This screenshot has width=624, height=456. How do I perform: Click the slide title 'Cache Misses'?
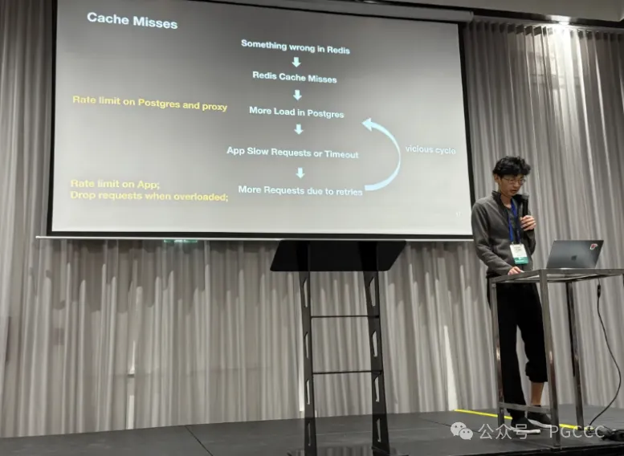[x=133, y=19]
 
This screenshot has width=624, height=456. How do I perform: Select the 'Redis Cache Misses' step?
[x=295, y=78]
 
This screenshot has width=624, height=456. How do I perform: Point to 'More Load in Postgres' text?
[x=296, y=112]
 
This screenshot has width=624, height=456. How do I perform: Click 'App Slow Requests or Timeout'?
[x=292, y=153]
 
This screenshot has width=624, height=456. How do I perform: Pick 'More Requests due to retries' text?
[x=300, y=191]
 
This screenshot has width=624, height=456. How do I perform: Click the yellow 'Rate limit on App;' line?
[x=115, y=184]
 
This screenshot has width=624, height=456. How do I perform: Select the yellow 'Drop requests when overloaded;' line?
[x=149, y=195]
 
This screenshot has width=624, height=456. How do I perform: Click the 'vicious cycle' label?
[x=430, y=149]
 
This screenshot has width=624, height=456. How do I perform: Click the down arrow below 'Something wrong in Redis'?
[x=296, y=62]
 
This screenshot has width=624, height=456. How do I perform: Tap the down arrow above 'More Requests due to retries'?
[x=300, y=173]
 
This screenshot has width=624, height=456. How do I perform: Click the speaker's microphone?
[x=523, y=207]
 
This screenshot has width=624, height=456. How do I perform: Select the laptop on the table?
[x=574, y=254]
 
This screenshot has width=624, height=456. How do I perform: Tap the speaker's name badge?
[x=519, y=251]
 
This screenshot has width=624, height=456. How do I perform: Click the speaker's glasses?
[x=512, y=180]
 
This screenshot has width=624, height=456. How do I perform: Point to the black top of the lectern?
[x=337, y=256]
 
